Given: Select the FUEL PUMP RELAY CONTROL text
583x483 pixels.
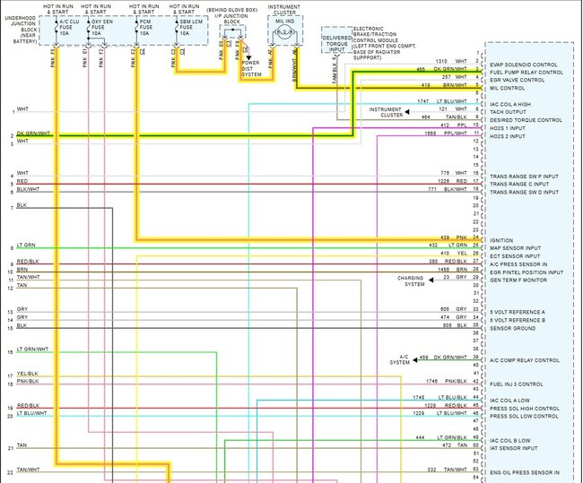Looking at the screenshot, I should click(x=526, y=72).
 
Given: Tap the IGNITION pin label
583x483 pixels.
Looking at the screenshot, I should click(x=501, y=239).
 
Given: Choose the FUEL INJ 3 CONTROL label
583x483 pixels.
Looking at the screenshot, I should click(x=517, y=383).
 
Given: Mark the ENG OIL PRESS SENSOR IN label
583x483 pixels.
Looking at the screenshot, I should click(x=524, y=471).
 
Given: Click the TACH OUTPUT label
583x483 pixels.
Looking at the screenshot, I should click(x=507, y=112).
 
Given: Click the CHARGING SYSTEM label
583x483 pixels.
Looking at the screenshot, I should click(x=414, y=280).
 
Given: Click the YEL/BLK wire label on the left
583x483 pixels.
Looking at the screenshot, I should click(x=26, y=374).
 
